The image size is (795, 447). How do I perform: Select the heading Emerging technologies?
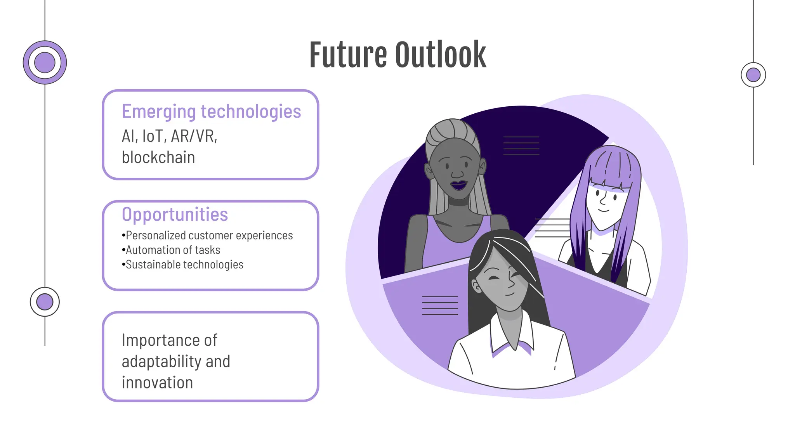coord(211,111)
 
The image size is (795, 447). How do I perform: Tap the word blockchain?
coord(158,158)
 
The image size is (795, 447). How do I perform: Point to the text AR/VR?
coord(194,136)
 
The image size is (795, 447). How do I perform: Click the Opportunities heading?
coord(175,215)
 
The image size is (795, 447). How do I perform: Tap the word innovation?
coord(157,383)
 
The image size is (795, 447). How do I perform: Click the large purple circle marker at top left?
coord(45,62)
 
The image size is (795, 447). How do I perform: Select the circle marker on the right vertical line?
coord(753,75)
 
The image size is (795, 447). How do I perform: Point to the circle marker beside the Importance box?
coord(45,302)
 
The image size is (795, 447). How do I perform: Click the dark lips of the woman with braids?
coord(459,185)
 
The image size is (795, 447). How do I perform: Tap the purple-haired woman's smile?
coord(603,210)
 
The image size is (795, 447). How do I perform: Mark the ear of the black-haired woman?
coord(476,286)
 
